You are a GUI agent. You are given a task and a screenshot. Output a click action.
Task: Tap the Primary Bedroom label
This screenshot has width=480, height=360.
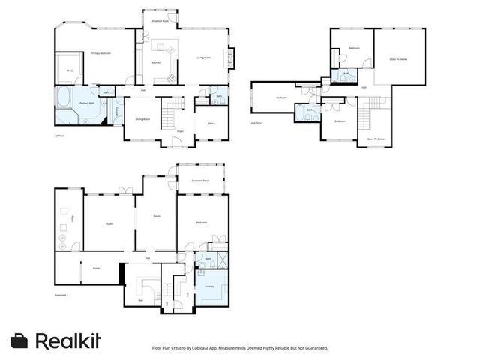pyautogui.click(x=100, y=53)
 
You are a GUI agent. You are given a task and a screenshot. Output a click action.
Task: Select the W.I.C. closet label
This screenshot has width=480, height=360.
pyautogui.click(x=69, y=71)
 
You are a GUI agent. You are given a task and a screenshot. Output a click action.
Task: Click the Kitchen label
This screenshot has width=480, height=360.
pyautogui.click(x=156, y=62)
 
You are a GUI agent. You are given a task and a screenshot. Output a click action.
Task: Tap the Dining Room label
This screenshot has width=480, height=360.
pyautogui.click(x=142, y=118)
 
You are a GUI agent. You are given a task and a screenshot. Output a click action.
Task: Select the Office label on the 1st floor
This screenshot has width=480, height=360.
pyautogui.click(x=211, y=123)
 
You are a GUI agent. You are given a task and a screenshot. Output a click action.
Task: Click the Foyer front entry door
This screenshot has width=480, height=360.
pyautogui.click(x=181, y=142)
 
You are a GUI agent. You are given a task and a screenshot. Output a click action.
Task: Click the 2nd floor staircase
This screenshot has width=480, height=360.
pyautogui.click(x=366, y=118)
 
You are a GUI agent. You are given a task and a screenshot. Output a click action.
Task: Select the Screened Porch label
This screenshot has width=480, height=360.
pyautogui.click(x=200, y=181)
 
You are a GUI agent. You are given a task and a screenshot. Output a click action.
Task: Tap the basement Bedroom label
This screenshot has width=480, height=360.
pyautogui.click(x=202, y=223)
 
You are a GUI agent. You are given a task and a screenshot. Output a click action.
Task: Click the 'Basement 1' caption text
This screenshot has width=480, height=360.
pyautogui.click(x=61, y=295)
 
